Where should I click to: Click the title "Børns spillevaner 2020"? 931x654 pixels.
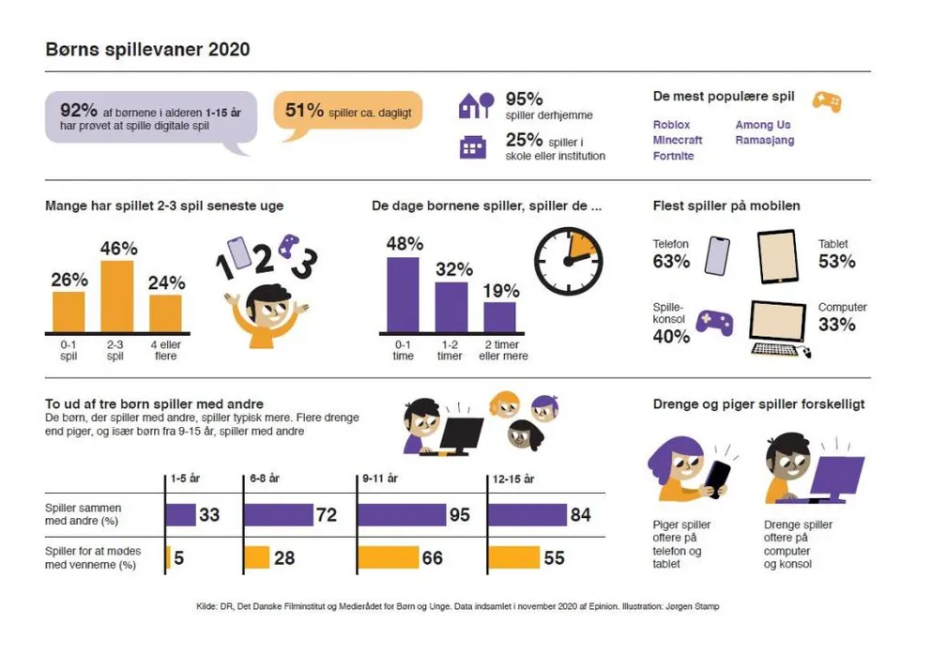147,50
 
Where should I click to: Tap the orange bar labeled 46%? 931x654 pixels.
117,297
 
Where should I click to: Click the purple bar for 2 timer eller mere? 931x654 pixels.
499,317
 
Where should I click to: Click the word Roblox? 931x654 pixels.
671,125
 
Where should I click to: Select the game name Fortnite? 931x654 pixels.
673,156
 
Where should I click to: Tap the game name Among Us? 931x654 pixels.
763,125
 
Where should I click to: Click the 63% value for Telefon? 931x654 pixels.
671,262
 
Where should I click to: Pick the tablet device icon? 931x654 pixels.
776,257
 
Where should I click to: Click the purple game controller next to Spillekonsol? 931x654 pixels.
715,324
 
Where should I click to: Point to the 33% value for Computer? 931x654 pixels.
836,325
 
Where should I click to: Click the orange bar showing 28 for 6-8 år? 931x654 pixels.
257,557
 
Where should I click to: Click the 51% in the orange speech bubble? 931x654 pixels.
304,111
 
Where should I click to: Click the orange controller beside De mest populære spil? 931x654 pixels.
826,100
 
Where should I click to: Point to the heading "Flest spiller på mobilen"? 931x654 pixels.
725,205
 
